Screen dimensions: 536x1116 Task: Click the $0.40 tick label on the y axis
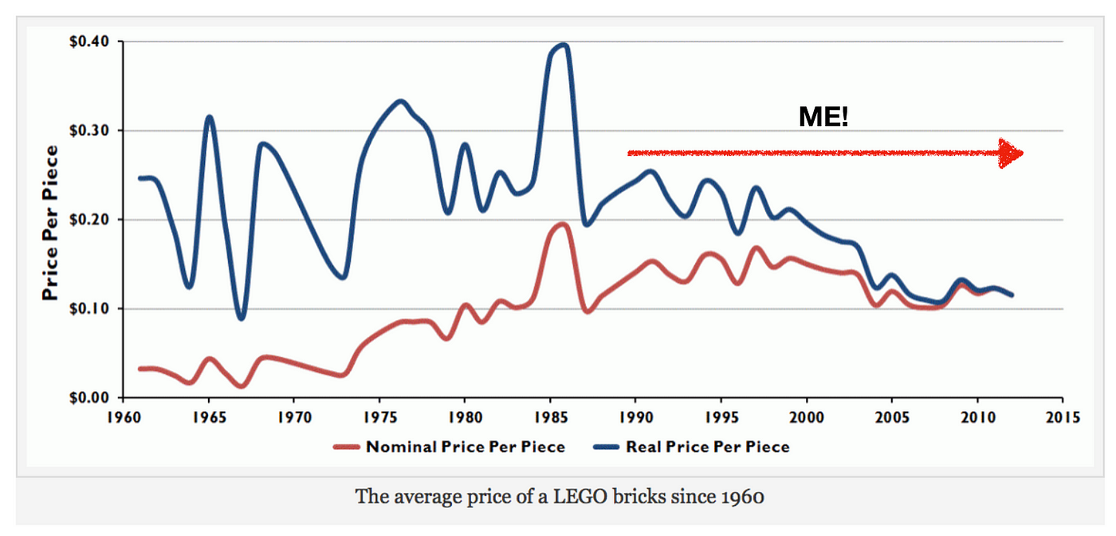85,41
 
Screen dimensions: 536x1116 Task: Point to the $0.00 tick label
85,397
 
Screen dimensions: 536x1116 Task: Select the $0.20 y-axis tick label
85,220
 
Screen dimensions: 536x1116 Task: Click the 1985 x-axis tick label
550,417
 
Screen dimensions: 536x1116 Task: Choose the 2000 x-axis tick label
807,417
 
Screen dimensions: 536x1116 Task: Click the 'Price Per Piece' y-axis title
50,222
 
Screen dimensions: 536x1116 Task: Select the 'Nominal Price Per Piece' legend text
466,447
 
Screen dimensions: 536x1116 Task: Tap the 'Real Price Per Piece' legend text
708,447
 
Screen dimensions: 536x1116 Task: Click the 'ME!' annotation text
823,118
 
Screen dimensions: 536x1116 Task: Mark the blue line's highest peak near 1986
563,45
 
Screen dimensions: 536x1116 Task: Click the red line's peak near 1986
563,224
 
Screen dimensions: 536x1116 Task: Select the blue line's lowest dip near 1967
242,318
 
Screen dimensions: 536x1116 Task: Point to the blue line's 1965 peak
210,117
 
